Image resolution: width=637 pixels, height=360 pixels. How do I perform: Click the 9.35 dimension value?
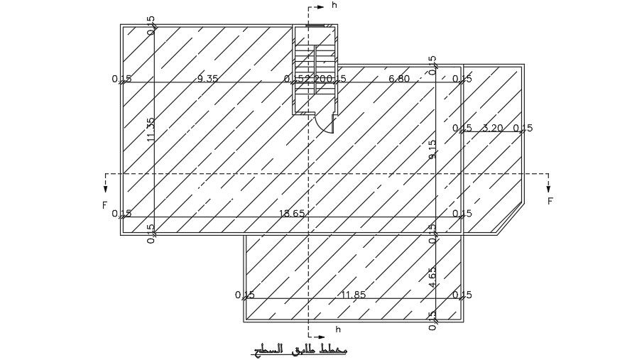pyautogui.click(x=207, y=79)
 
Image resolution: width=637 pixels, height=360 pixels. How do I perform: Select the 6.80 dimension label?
pyautogui.click(x=399, y=79)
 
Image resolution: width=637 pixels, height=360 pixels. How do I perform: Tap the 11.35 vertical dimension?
pyautogui.click(x=151, y=129)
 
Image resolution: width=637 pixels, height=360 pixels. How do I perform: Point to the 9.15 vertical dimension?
pyautogui.click(x=432, y=149)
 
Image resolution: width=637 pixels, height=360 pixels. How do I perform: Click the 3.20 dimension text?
pyautogui.click(x=492, y=129)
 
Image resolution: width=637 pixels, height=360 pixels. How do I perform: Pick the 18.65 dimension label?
pyautogui.click(x=292, y=213)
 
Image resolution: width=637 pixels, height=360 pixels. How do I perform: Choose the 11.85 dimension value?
pyautogui.click(x=353, y=295)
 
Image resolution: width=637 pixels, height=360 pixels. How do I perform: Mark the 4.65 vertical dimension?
pyautogui.click(x=432, y=276)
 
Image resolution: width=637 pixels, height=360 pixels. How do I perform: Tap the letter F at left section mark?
pyautogui.click(x=104, y=205)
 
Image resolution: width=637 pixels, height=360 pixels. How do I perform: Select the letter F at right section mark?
pyautogui.click(x=550, y=201)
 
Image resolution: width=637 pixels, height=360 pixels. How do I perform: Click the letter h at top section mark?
pyautogui.click(x=334, y=5)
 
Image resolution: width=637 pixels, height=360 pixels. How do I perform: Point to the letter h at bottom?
pyautogui.click(x=338, y=329)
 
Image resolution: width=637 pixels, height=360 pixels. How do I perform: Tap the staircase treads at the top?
pyautogui.click(x=315, y=59)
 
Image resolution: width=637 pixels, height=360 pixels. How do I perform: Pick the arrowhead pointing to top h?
pyautogui.click(x=321, y=6)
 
